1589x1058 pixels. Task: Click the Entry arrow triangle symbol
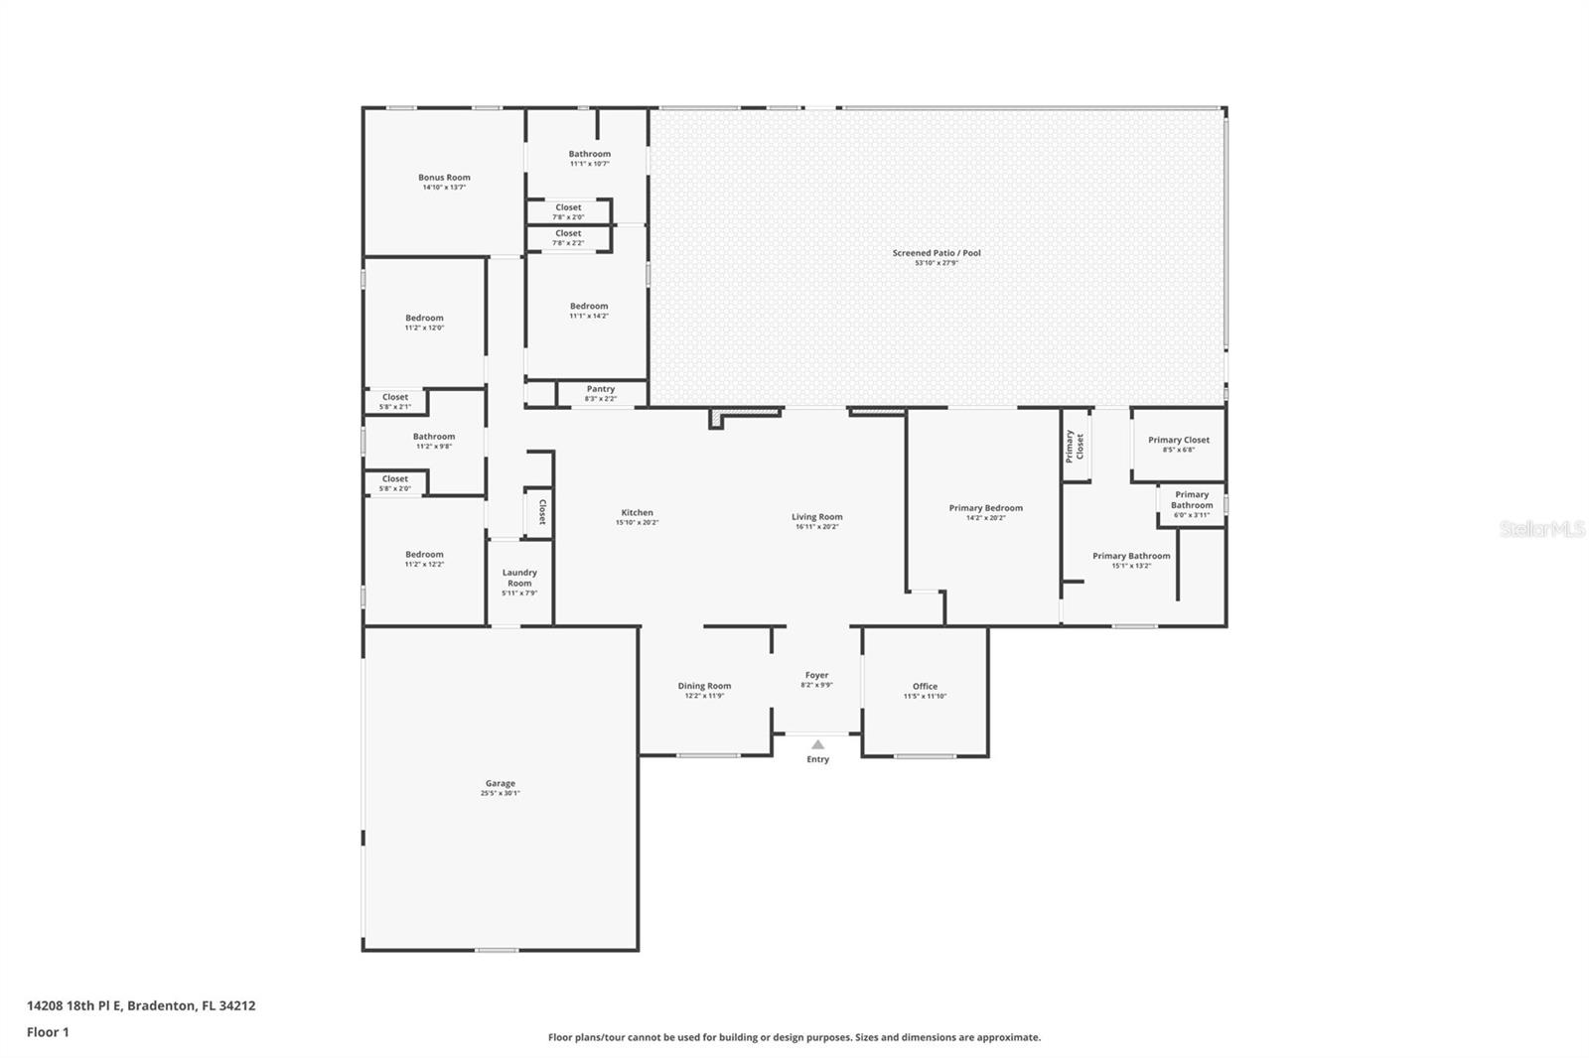click(x=817, y=744)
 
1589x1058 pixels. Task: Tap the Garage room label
click(x=501, y=783)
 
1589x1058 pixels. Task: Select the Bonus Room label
click(x=444, y=178)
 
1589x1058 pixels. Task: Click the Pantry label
click(x=601, y=389)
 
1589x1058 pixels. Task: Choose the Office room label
click(x=925, y=686)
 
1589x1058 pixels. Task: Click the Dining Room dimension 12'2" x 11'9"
click(x=704, y=696)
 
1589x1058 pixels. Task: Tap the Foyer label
click(x=816, y=675)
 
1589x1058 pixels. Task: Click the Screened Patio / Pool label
click(x=936, y=253)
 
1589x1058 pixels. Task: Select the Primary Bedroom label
click(x=985, y=508)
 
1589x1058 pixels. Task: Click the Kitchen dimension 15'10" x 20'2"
click(x=637, y=523)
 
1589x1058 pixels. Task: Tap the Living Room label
click(x=816, y=516)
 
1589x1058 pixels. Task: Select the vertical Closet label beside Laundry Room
click(x=541, y=511)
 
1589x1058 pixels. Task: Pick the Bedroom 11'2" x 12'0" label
click(x=424, y=318)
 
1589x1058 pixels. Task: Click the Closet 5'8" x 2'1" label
click(x=394, y=397)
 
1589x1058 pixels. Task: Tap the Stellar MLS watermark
click(x=1541, y=529)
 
